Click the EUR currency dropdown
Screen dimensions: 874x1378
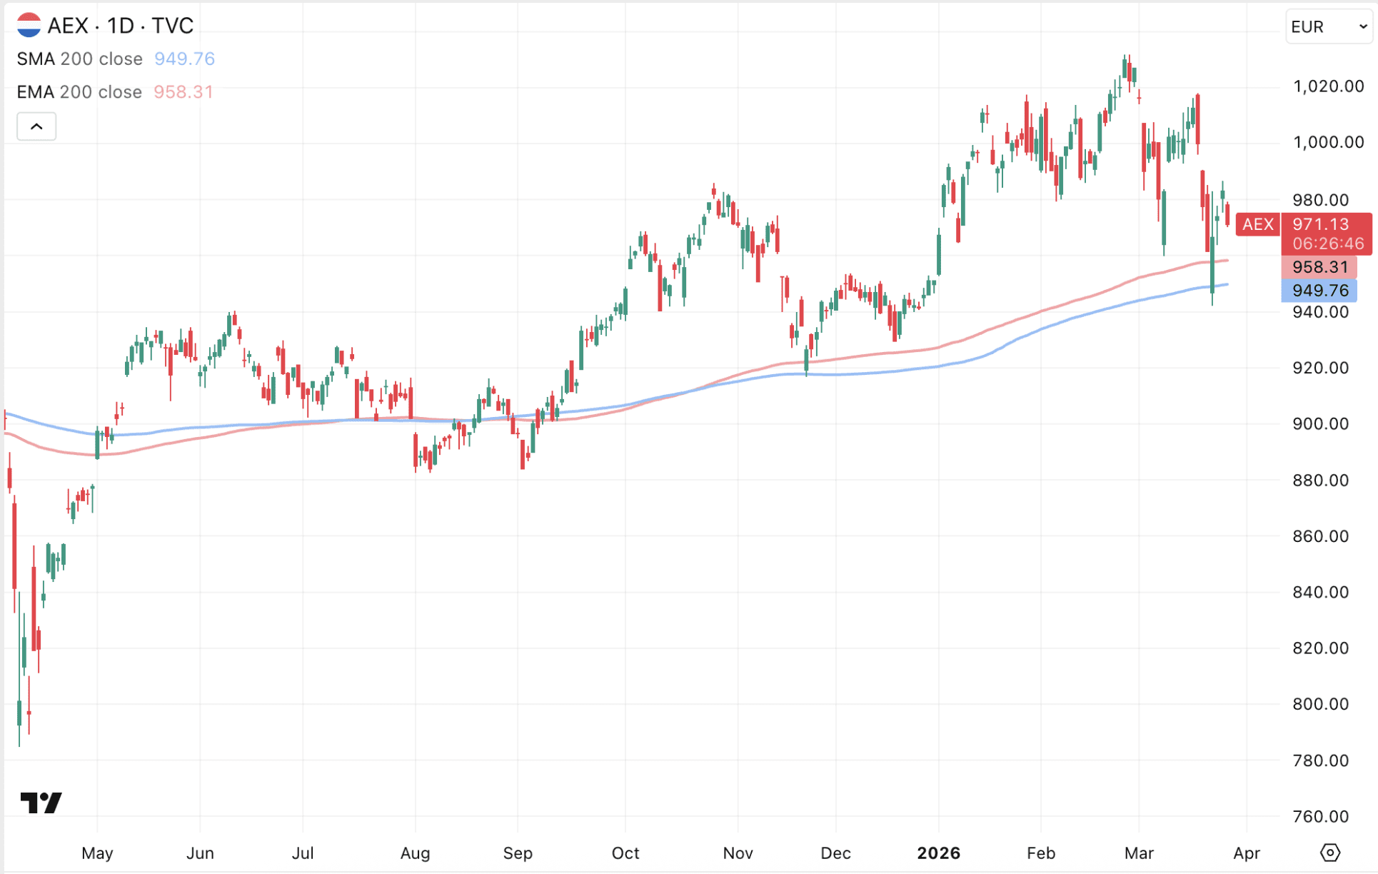pos(1328,27)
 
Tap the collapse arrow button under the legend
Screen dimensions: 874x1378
pos(36,127)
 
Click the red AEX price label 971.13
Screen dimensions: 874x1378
pos(1320,224)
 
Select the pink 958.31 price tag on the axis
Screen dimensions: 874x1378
pos(1319,267)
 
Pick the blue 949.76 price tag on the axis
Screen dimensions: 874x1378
pos(1319,291)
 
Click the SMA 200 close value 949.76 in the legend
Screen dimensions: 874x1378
pos(184,59)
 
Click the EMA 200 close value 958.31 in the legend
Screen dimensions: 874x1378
pos(183,92)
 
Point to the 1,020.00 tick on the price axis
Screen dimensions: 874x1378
pos(1328,86)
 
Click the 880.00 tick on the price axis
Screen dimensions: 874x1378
pos(1320,480)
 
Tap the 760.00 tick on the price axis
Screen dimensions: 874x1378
pos(1320,816)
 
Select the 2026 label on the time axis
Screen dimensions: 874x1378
pos(938,853)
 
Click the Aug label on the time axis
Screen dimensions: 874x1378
pos(415,853)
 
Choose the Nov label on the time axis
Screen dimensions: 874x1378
pos(738,853)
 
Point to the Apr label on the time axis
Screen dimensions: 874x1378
pos(1247,853)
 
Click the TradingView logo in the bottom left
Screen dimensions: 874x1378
pos(41,803)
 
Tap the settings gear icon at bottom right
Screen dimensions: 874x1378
pos(1329,853)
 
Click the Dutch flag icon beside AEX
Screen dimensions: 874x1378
pos(29,25)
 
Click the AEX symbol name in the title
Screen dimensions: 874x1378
pos(68,26)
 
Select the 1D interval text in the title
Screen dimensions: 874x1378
pos(121,26)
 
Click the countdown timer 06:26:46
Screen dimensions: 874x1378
pos(1327,243)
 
